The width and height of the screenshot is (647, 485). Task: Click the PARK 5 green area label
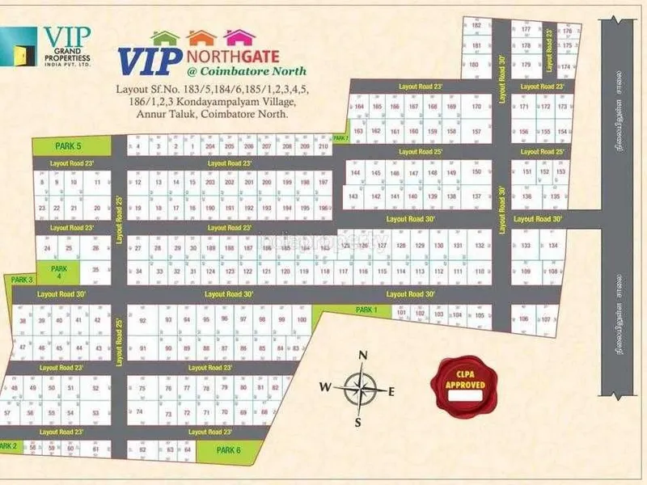[x=68, y=145]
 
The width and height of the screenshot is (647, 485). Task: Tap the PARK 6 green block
[x=228, y=449]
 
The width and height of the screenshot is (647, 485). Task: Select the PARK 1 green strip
[x=366, y=310]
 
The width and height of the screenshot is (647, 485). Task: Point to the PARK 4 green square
[x=57, y=271]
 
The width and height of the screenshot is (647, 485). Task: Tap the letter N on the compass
[x=363, y=356]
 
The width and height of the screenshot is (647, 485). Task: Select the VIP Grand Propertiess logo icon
[x=19, y=45]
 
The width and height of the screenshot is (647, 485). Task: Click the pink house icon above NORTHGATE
[x=239, y=37]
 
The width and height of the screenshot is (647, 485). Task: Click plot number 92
[x=142, y=321]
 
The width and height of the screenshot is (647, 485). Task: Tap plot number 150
[x=476, y=172]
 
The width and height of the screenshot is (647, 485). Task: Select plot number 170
[x=476, y=107]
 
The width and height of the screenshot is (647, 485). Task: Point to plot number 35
[x=95, y=270]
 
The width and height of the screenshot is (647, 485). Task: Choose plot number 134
[x=553, y=245]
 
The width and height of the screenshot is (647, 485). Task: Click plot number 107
[x=545, y=319]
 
